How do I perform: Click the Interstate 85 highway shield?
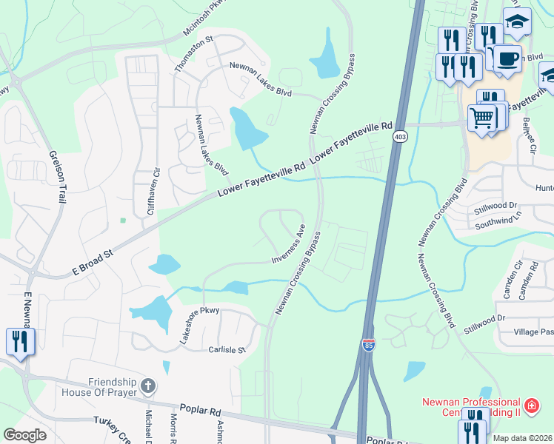tap(369, 345)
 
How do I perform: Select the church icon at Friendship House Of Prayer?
tap(148, 386)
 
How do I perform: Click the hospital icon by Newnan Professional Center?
tap(530, 406)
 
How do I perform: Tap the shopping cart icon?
tap(482, 118)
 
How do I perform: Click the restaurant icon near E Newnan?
tap(19, 341)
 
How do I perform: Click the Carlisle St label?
tap(226, 349)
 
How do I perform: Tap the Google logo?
tap(24, 435)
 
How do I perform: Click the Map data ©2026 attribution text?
tap(522, 438)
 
